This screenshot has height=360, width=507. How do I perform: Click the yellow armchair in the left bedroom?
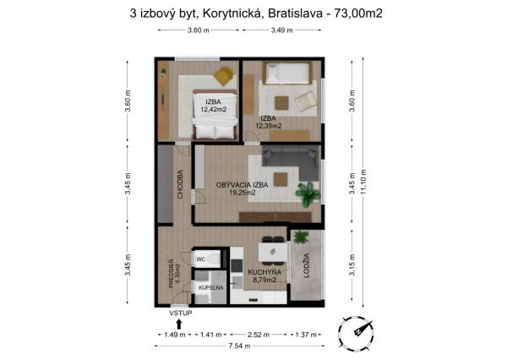pyautogui.click(x=223, y=76)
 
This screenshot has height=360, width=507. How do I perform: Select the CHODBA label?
pyautogui.click(x=180, y=184)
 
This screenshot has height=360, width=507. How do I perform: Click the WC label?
pyautogui.click(x=201, y=259)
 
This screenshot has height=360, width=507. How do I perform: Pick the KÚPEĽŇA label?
pyautogui.click(x=210, y=288)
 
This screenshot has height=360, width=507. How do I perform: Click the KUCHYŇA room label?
pyautogui.click(x=264, y=272)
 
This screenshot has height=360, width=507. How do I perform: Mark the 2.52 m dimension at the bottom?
pyautogui.click(x=256, y=335)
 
